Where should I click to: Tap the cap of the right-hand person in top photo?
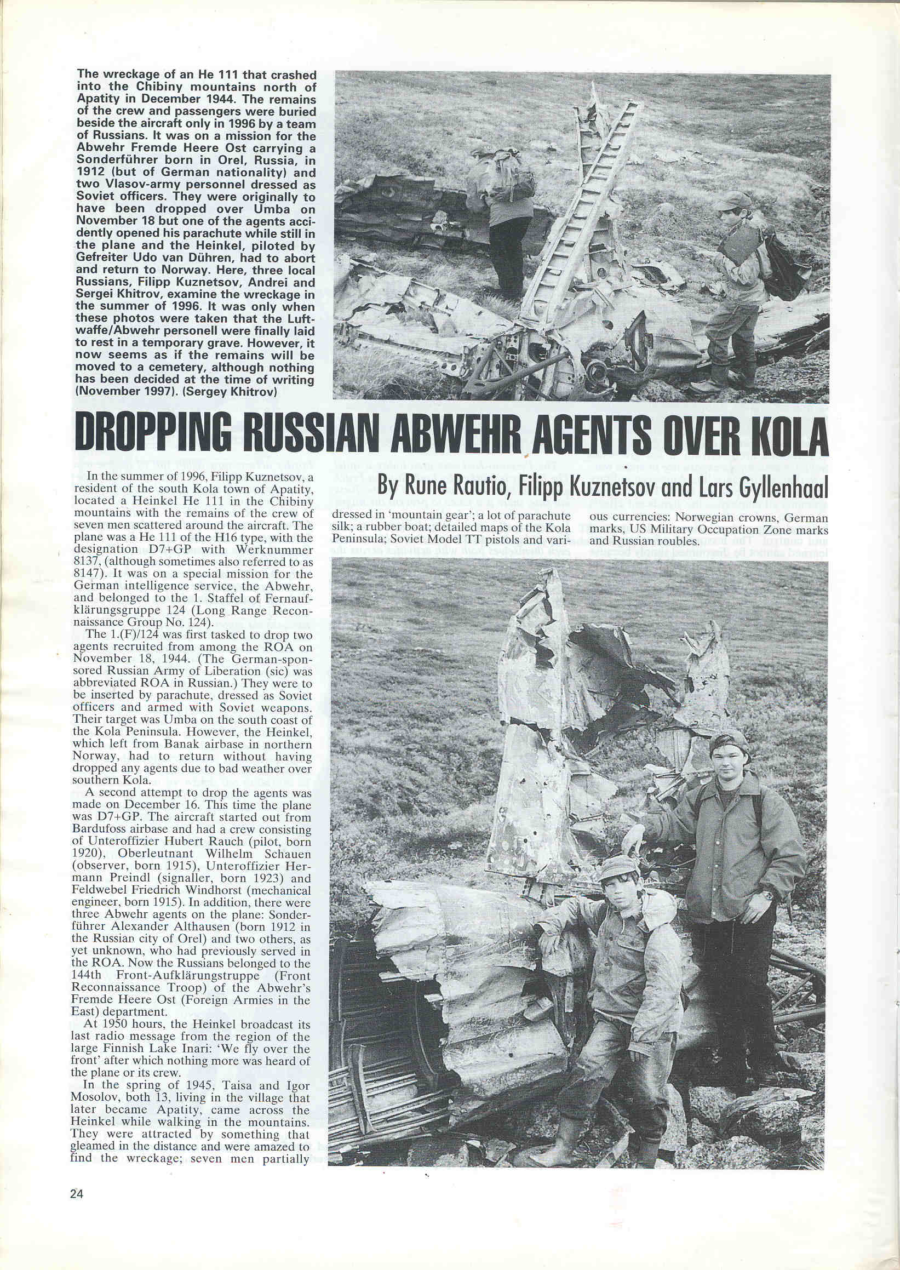(x=735, y=200)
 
